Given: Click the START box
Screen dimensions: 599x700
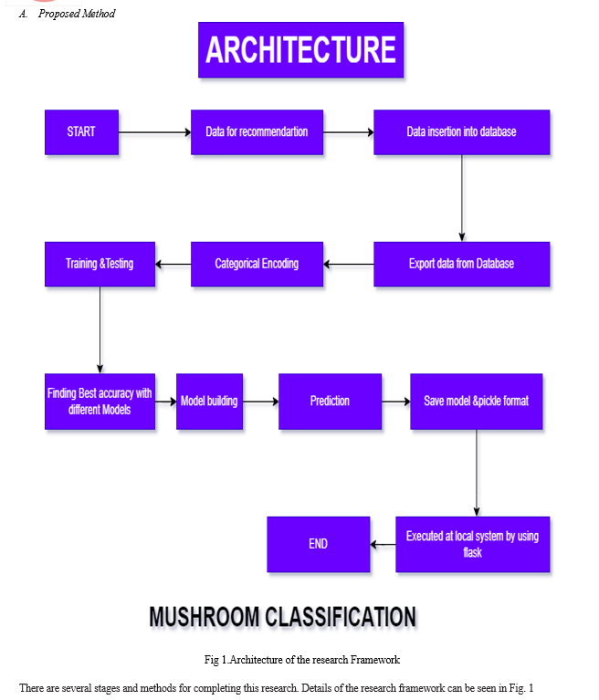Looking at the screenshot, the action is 82,132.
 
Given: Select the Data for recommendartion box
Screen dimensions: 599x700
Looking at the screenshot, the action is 257,132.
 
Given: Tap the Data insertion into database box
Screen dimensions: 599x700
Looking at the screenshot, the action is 461,132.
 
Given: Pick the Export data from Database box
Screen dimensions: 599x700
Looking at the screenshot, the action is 461,264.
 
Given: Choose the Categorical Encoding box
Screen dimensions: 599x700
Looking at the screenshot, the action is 257,264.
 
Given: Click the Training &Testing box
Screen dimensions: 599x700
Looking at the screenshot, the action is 100,264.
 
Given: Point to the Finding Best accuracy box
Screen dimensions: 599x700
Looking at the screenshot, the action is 100,402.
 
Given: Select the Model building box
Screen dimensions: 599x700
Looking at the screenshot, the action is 209,402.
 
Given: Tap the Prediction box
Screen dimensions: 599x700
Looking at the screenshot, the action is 331,402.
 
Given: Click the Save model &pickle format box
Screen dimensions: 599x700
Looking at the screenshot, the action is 476,402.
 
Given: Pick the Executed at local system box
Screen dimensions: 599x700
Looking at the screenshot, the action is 473,544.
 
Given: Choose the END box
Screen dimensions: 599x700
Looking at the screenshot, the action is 319,544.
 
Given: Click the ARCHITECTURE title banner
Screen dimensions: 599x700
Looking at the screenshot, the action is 301,50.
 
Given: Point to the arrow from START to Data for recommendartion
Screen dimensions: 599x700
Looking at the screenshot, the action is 155,132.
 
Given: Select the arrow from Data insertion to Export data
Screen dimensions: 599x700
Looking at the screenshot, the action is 462,198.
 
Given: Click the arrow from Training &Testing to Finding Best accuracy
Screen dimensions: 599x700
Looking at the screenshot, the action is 100,329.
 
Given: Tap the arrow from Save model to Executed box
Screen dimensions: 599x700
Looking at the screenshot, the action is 477,474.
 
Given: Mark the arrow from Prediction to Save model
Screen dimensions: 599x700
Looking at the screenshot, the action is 395,402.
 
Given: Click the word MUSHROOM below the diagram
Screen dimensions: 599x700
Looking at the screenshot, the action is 205,617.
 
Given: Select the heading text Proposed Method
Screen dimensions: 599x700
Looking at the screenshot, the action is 77,14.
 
